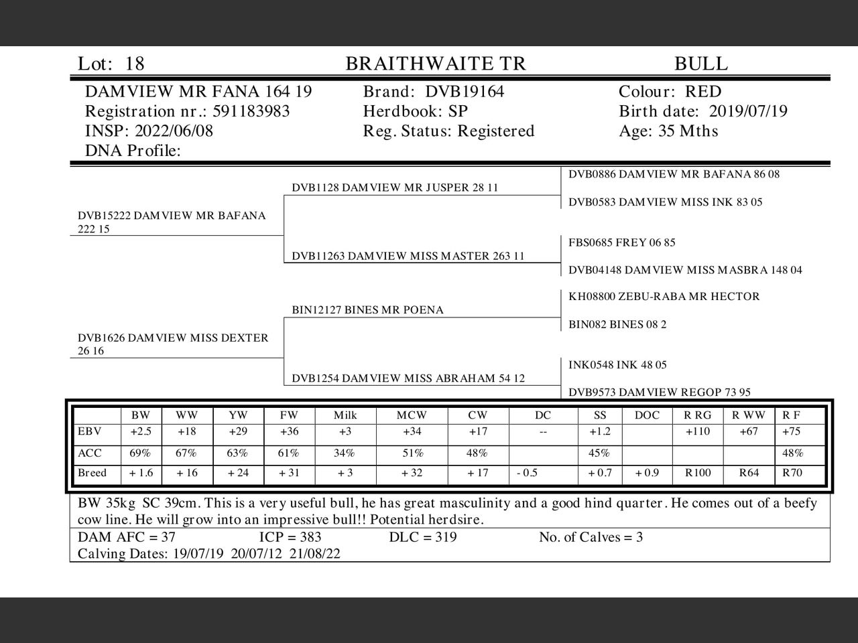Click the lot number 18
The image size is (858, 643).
pos(135,64)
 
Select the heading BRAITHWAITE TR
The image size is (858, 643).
pos(436,64)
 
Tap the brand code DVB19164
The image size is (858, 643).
pos(465,92)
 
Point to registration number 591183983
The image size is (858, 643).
pos(251,111)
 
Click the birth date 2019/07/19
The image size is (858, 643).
pos(748,111)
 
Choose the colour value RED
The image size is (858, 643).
pos(703,92)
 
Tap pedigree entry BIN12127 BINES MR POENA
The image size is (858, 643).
pos(367,310)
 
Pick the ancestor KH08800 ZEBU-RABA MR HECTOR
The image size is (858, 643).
pos(664,297)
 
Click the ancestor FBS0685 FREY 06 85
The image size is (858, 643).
pos(621,242)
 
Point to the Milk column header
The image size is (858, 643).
pos(345,415)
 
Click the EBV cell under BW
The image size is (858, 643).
pos(141,431)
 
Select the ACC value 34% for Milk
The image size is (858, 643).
pos(344,453)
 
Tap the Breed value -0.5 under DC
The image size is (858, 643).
pos(528,473)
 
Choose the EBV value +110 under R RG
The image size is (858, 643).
pos(697,431)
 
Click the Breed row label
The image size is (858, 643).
pos(92,473)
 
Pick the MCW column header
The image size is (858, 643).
pos(412,415)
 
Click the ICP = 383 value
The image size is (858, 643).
pos(290,537)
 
